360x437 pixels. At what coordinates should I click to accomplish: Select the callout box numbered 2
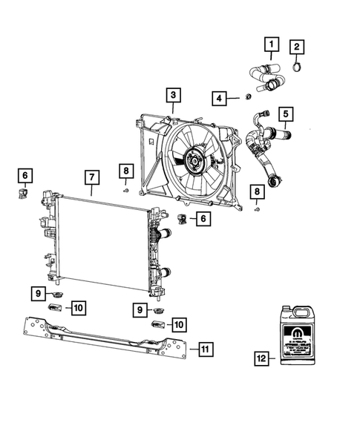click(x=297, y=48)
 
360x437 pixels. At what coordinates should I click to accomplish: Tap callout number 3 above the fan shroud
click(x=172, y=96)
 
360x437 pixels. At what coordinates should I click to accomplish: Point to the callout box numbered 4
click(x=219, y=98)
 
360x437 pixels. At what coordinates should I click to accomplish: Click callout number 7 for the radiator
click(x=91, y=178)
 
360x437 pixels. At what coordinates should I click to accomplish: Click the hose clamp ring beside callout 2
click(x=297, y=70)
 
